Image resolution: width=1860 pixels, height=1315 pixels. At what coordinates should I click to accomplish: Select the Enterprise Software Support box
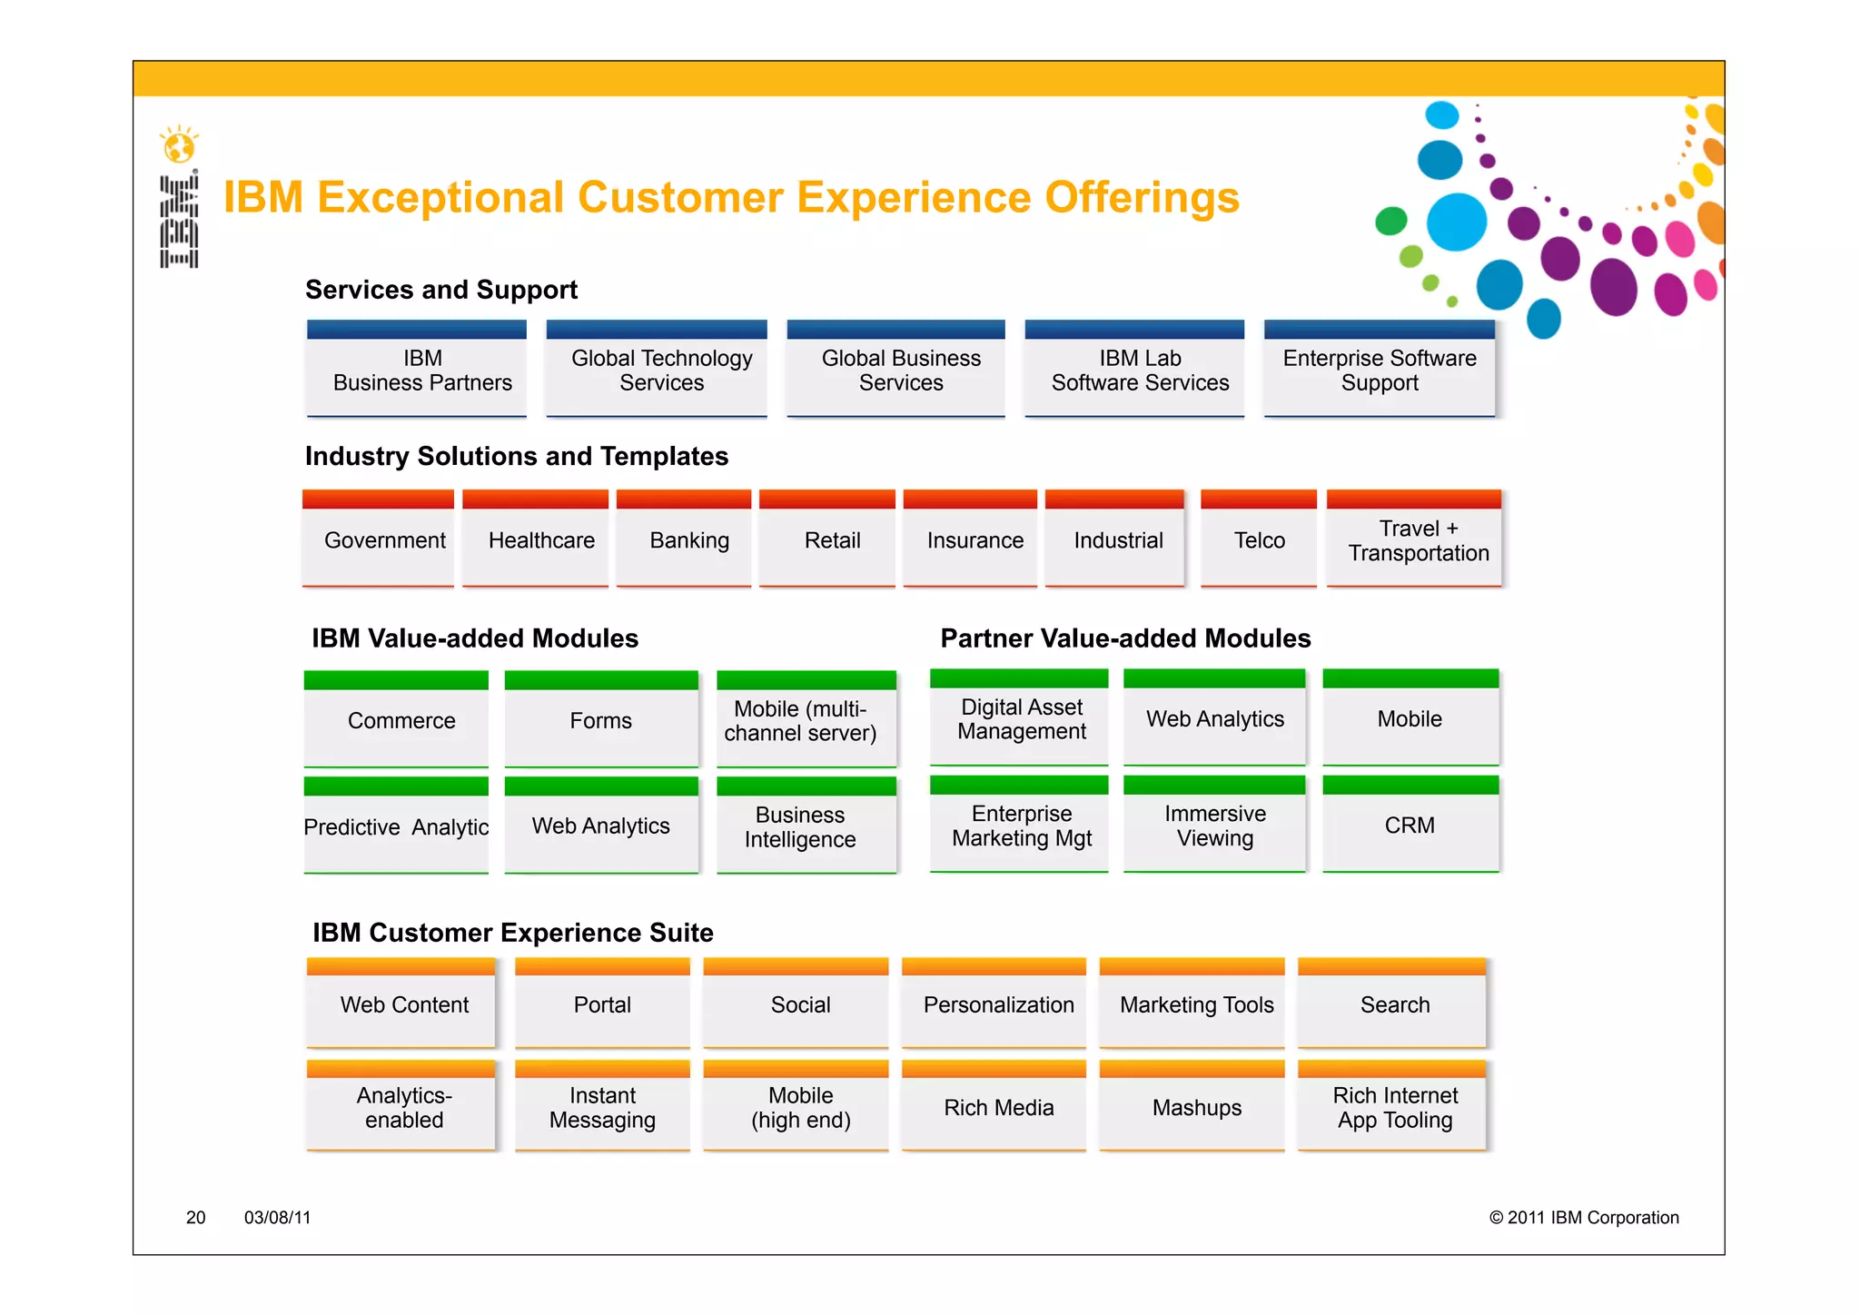[1379, 371]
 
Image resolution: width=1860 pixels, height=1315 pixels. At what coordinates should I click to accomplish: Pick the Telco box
[1259, 541]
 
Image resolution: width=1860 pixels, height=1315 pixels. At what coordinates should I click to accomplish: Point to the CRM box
[1410, 826]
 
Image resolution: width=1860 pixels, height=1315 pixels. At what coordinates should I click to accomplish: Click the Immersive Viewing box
[1214, 826]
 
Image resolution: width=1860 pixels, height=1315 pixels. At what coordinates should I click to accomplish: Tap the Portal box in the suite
[602, 1005]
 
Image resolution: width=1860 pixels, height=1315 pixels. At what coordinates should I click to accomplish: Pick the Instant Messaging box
[602, 1108]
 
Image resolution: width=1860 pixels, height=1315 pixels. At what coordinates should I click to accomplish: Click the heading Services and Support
[441, 290]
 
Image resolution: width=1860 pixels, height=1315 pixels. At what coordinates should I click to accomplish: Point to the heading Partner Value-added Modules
[1124, 638]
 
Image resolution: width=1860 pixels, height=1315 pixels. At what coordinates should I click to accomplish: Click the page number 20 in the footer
[195, 1218]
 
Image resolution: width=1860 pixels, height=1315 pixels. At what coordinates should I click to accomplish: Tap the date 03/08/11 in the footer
[277, 1218]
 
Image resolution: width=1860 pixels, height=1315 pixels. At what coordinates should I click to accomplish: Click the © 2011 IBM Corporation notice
[1583, 1218]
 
